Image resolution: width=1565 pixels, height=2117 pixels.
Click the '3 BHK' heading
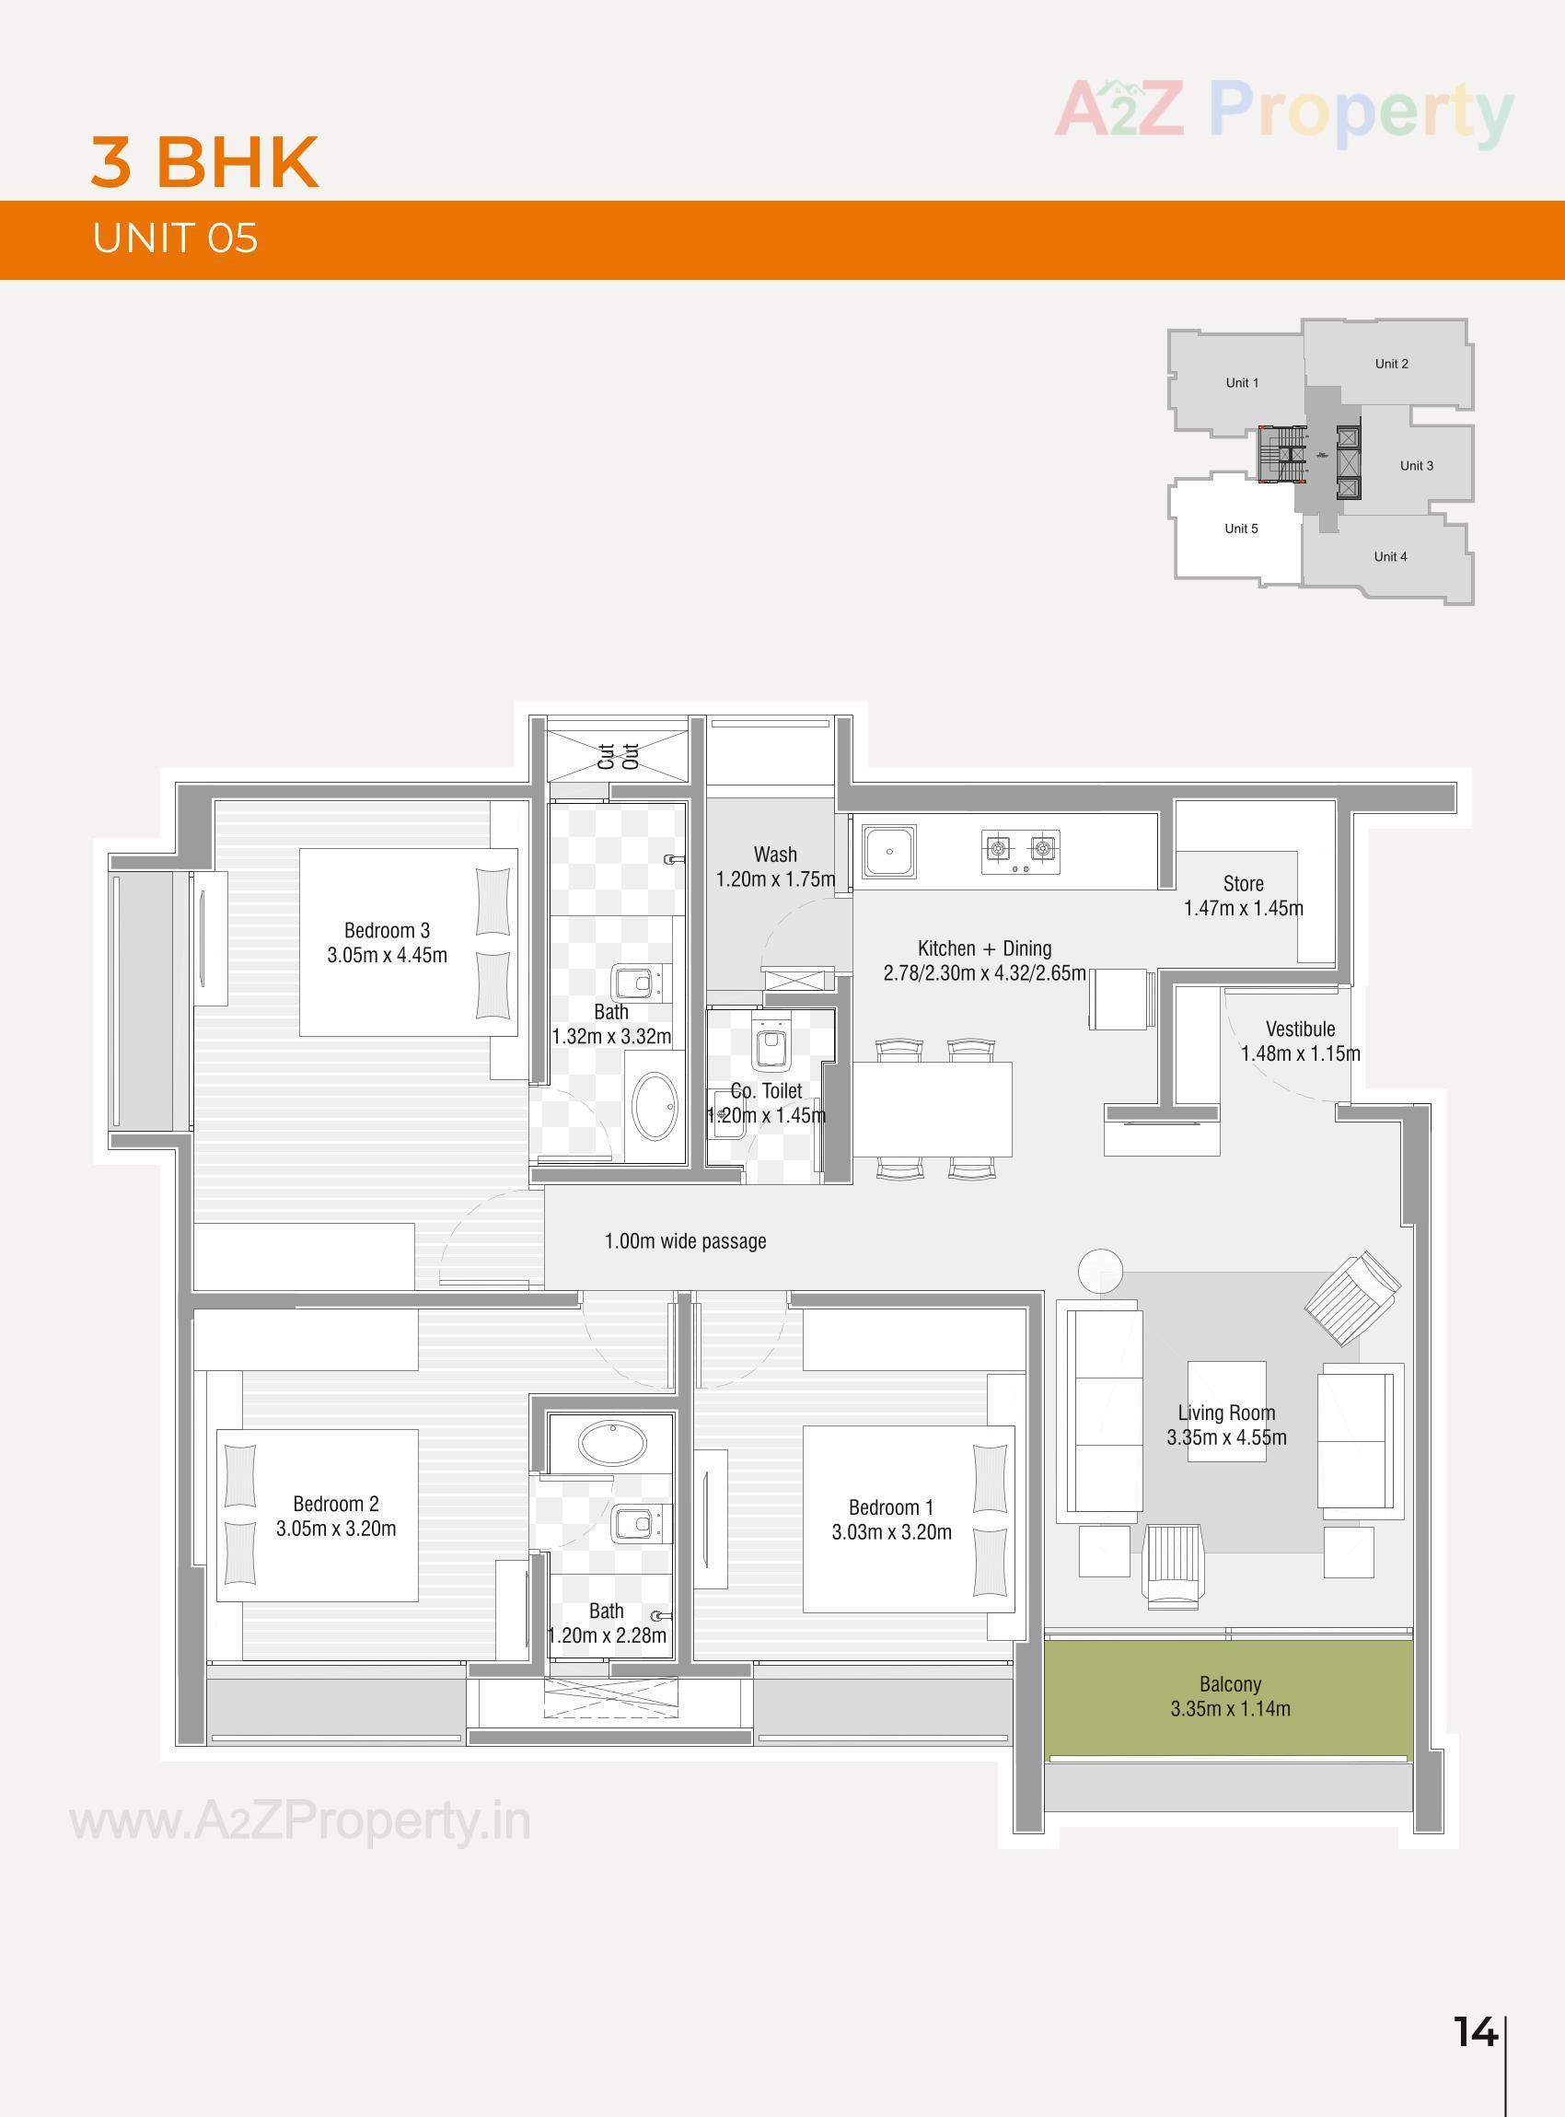(x=204, y=162)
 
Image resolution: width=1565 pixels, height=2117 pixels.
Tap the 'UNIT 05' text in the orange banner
(x=175, y=238)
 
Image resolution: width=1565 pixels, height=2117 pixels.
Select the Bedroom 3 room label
(x=387, y=931)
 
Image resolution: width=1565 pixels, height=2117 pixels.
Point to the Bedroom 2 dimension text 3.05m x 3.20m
(x=336, y=1529)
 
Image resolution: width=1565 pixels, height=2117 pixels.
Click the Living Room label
(x=1226, y=1413)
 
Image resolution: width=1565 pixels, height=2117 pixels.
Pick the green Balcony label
(x=1230, y=1685)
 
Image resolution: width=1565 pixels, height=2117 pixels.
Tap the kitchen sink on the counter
(x=888, y=851)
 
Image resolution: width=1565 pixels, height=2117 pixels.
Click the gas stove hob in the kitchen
(x=1021, y=850)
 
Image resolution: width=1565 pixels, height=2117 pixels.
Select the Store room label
(x=1243, y=884)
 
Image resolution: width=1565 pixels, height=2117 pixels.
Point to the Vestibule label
(x=1300, y=1029)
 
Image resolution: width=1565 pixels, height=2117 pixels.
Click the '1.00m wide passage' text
(x=685, y=1241)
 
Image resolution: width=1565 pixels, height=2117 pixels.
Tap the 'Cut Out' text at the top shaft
(x=619, y=756)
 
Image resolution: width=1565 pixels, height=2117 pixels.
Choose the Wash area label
(x=775, y=855)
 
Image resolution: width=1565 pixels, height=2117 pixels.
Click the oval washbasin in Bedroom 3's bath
(x=655, y=1105)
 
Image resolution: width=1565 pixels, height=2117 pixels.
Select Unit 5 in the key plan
(x=1241, y=529)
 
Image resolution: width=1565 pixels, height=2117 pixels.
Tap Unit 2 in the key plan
(x=1391, y=364)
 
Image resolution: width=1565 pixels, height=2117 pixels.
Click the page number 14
(x=1475, y=2031)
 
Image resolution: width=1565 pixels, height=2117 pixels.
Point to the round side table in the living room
(x=1100, y=1268)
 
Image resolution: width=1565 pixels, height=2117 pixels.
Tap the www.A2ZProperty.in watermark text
(x=300, y=1821)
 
